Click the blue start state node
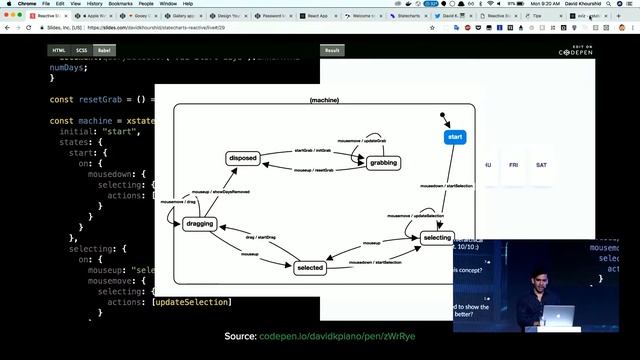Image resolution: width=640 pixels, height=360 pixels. (x=455, y=137)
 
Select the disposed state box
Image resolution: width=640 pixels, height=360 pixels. (x=243, y=158)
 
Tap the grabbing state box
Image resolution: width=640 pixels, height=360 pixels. (x=383, y=162)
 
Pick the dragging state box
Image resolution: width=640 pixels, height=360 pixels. (x=200, y=224)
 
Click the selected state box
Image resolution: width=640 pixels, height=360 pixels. (x=310, y=267)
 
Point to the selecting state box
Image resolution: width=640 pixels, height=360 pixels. (x=437, y=238)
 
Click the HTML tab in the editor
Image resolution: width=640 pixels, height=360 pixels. (x=59, y=50)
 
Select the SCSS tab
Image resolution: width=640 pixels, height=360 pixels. (x=82, y=50)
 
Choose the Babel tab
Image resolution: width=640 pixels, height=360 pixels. (x=104, y=50)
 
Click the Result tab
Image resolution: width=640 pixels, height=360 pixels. (x=331, y=50)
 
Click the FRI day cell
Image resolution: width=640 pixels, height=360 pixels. (x=514, y=164)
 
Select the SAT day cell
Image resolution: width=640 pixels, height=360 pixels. (x=541, y=164)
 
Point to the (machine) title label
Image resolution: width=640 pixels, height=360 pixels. (x=324, y=101)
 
